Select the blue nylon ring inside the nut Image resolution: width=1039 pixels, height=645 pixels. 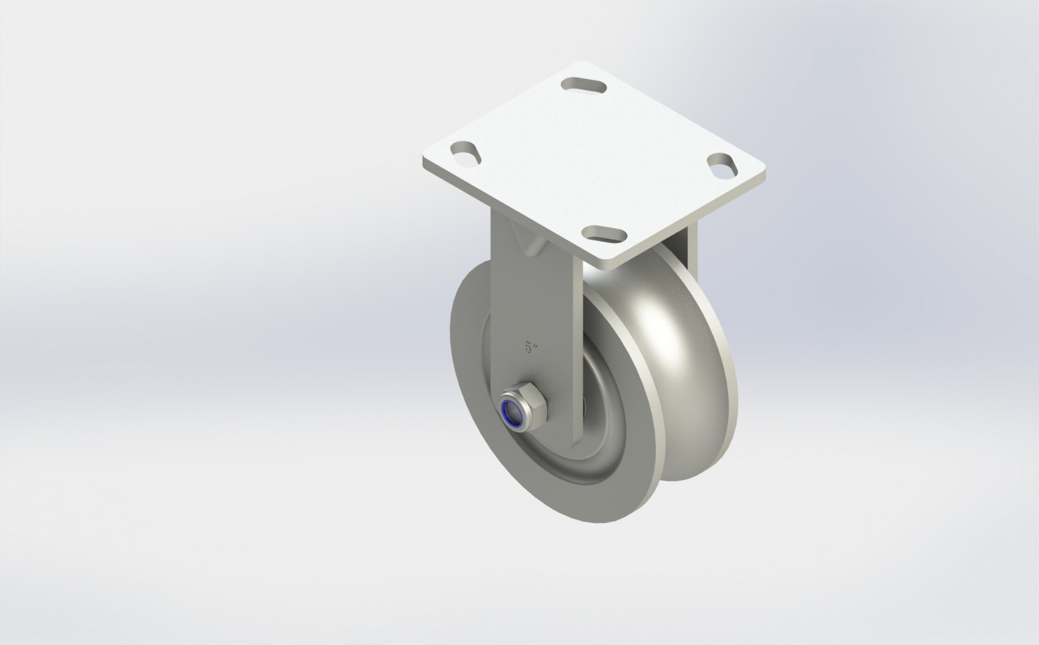tap(515, 414)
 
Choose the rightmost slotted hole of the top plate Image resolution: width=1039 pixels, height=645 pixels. tap(723, 164)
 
